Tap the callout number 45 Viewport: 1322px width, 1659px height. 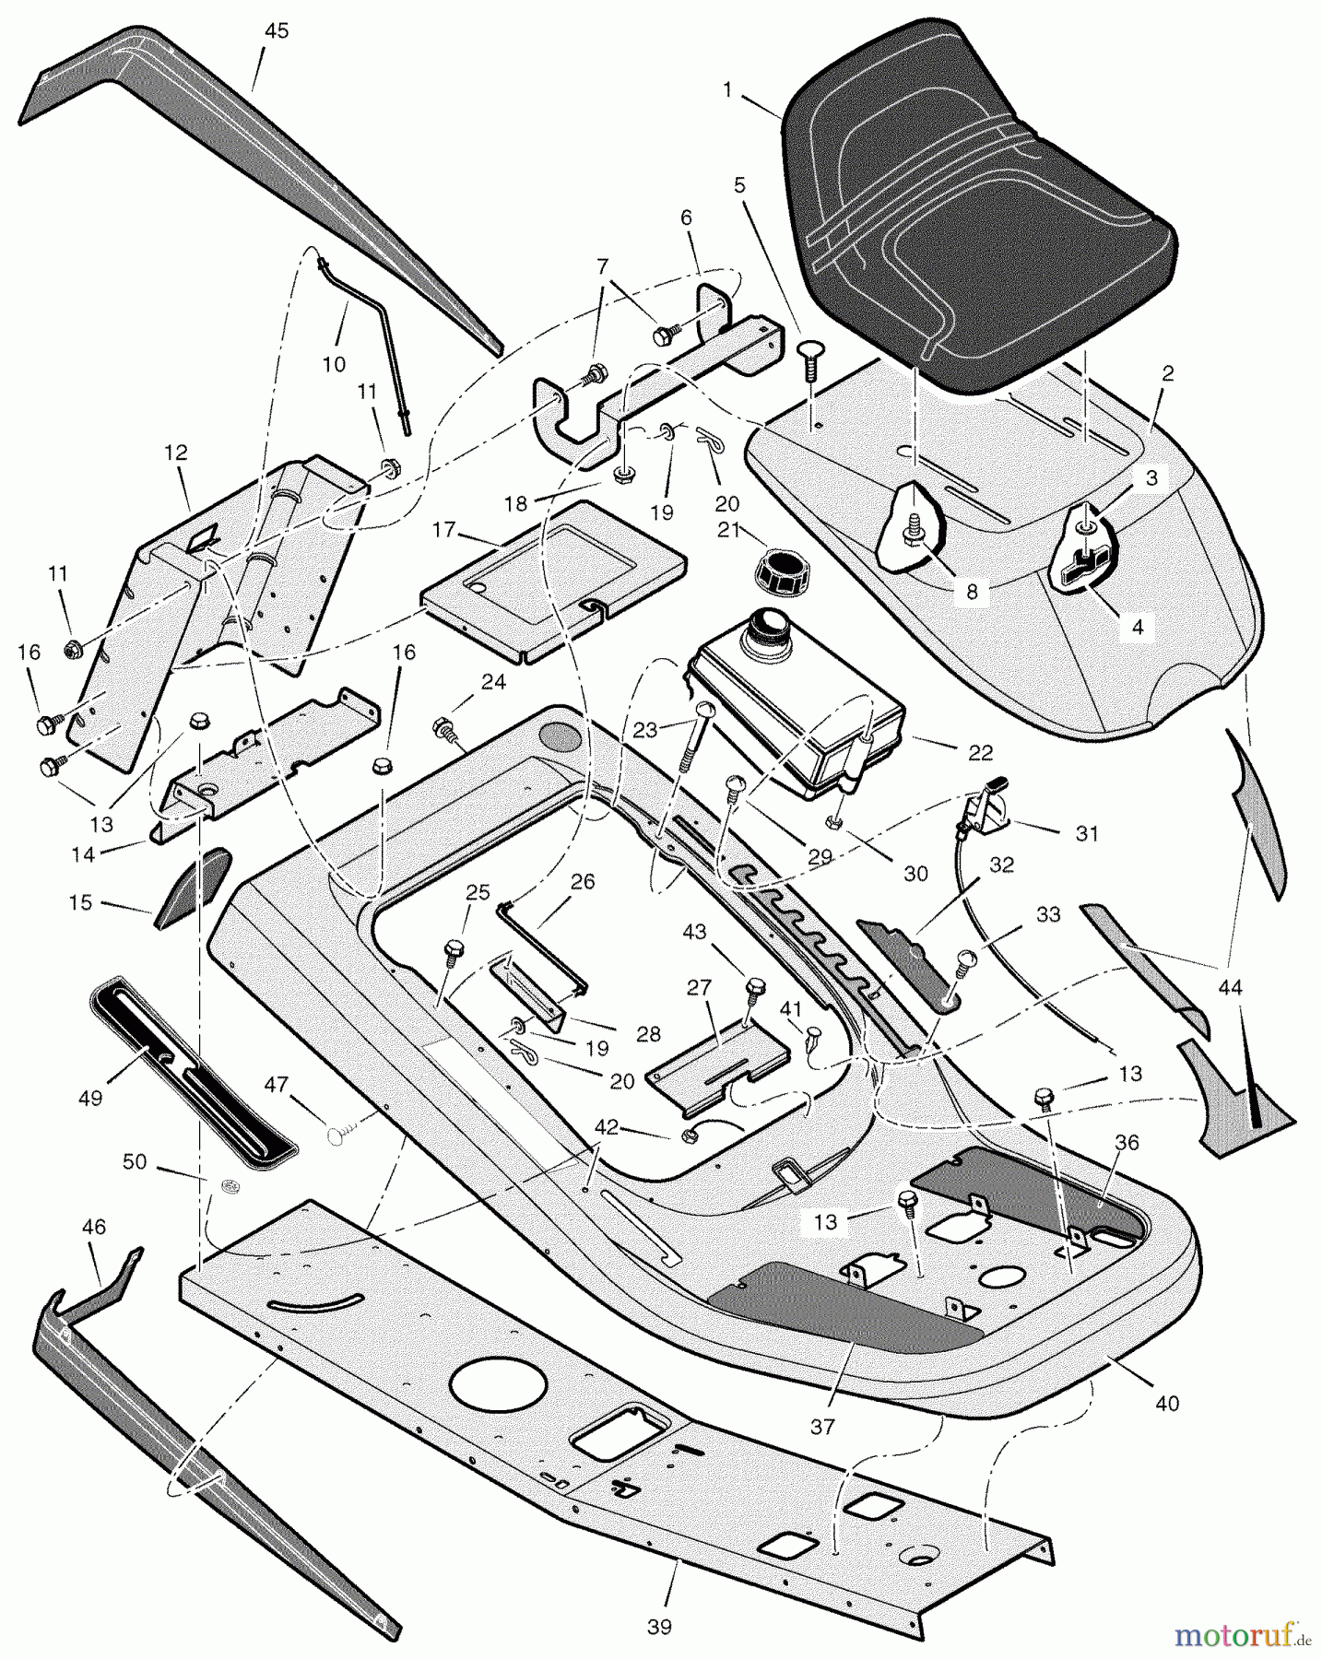pyautogui.click(x=276, y=31)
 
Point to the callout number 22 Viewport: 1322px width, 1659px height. pyautogui.click(x=980, y=753)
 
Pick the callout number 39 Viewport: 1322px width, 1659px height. pyautogui.click(x=658, y=1628)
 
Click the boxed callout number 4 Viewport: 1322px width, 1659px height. pyautogui.click(x=1137, y=627)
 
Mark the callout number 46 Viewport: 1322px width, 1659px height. pyautogui.click(x=94, y=1227)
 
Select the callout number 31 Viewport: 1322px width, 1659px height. pyautogui.click(x=1087, y=833)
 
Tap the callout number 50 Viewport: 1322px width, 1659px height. pyautogui.click(x=135, y=1162)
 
